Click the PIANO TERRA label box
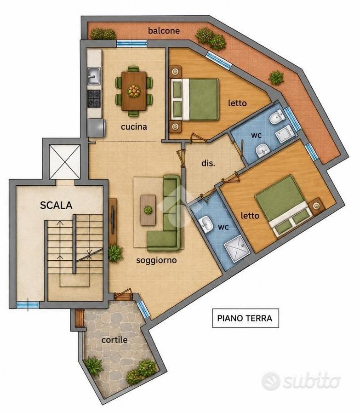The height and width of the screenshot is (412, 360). (246, 318)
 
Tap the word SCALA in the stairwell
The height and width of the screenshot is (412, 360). (56, 205)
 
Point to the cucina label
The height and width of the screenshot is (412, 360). (134, 127)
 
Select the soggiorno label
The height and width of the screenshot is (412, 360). (156, 260)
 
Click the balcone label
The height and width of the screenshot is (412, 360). (164, 30)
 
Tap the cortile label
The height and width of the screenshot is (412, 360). (114, 340)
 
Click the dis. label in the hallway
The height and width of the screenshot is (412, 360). (208, 163)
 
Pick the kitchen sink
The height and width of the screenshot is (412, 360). (93, 76)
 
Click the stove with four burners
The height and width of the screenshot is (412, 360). (94, 98)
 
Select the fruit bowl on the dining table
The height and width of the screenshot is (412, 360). (134, 91)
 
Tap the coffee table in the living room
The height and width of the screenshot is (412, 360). (148, 210)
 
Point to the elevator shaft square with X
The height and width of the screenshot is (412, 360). (65, 161)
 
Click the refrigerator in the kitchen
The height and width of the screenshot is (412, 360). (96, 128)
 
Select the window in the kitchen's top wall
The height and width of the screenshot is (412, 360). (131, 43)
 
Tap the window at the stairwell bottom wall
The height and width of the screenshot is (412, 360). (28, 305)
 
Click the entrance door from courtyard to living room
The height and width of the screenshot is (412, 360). (123, 295)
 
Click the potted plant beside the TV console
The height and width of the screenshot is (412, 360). (115, 253)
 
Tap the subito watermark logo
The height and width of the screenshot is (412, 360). (301, 381)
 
